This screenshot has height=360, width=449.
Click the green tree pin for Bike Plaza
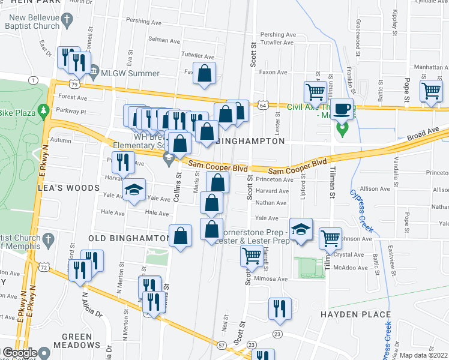(43, 111)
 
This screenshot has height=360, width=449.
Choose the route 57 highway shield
(221, 346)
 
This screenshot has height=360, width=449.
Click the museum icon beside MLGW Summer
(94, 73)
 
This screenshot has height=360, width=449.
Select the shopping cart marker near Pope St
(432, 92)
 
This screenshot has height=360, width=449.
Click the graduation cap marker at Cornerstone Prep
(301, 229)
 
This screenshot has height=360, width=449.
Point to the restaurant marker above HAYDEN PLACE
(279, 308)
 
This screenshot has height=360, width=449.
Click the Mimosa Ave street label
(271, 280)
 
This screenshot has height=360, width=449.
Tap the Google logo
(19, 353)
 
